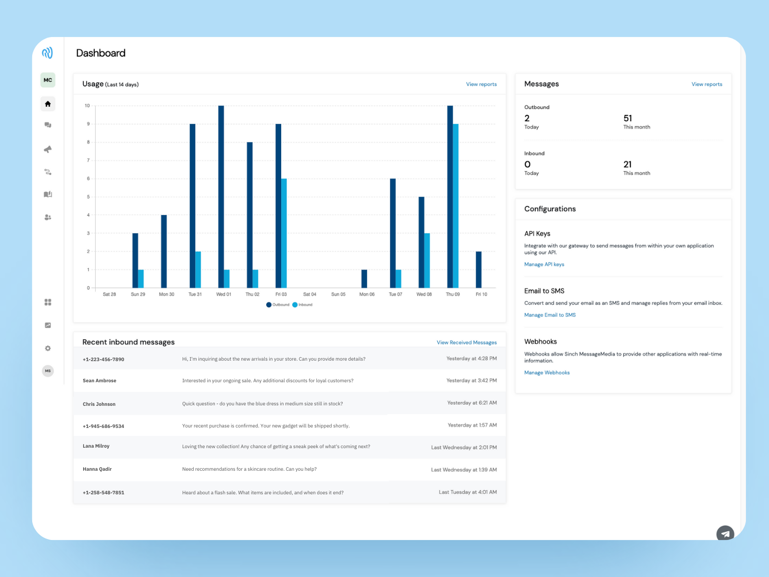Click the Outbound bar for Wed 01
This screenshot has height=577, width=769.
[221, 197]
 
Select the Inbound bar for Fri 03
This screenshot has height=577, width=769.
[284, 233]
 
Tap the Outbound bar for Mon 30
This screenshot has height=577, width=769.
[164, 251]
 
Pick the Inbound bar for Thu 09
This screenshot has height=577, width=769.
[456, 206]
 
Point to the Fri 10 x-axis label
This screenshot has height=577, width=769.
[481, 294]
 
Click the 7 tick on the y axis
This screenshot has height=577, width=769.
[88, 160]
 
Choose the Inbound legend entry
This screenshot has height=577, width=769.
[302, 305]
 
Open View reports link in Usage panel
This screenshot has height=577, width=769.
[481, 84]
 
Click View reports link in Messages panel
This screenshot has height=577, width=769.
[707, 84]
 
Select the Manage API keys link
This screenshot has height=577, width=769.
[544, 264]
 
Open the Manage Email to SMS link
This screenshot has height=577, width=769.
[550, 315]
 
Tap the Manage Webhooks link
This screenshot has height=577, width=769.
[547, 373]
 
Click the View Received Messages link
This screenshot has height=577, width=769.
[466, 342]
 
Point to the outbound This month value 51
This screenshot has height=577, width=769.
[628, 118]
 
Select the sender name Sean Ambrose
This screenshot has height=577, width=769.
[99, 381]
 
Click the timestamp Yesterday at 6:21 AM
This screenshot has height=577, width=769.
[471, 403]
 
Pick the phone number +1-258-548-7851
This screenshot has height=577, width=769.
[103, 493]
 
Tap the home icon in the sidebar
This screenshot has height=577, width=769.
[48, 104]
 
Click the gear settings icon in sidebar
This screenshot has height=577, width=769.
[48, 348]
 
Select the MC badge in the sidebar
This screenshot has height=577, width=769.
[48, 80]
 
